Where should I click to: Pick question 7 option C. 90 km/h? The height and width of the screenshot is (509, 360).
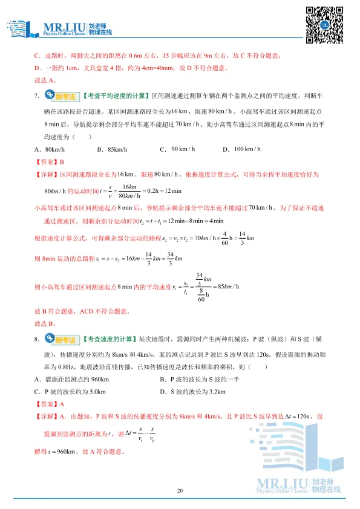(177, 149)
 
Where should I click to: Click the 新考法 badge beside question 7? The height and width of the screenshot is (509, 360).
(62, 96)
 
